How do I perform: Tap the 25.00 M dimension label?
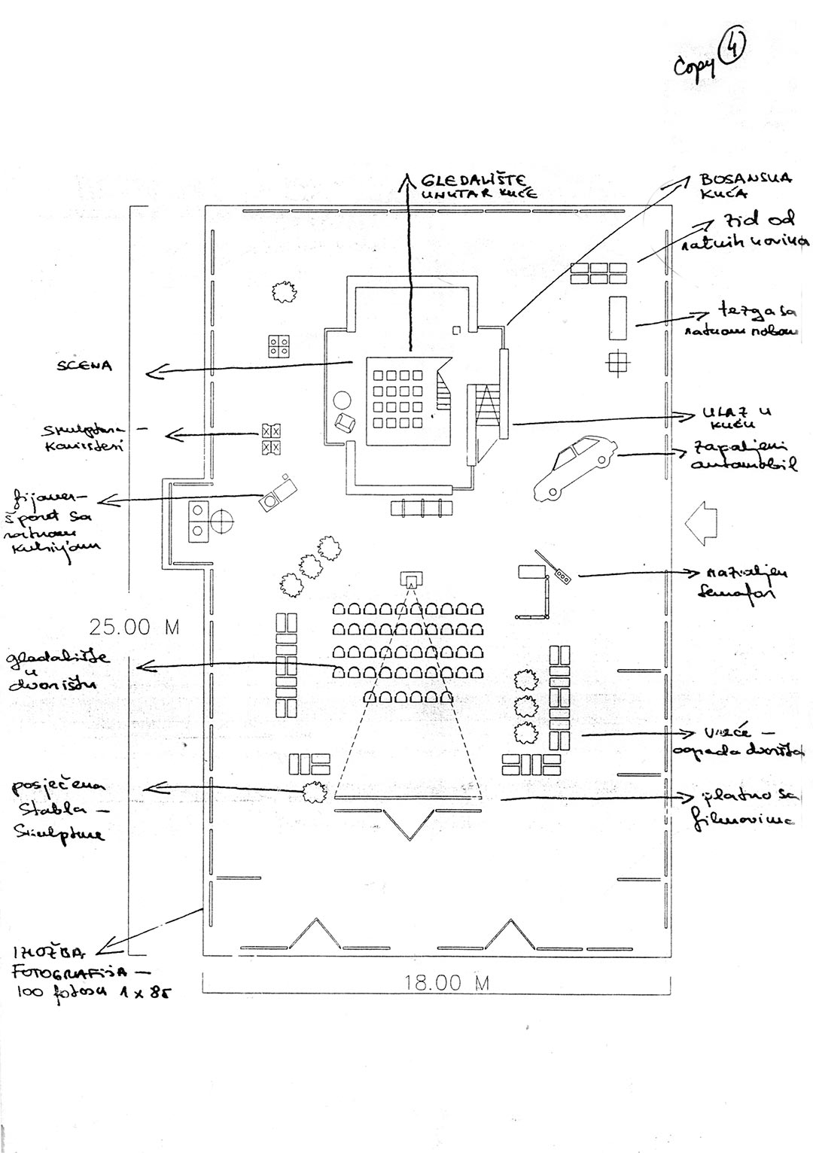click(135, 627)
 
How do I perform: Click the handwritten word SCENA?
click(84, 367)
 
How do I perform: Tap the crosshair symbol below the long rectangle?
click(618, 363)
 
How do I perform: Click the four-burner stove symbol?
click(280, 345)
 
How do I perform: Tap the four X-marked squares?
click(270, 440)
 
